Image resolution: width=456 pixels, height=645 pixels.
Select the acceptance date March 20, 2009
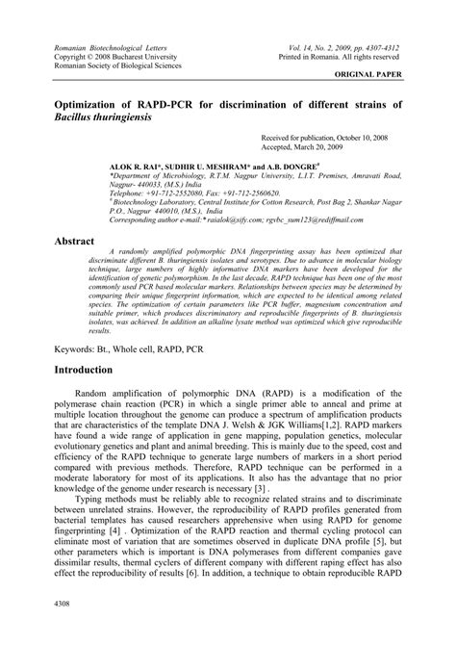323,148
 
